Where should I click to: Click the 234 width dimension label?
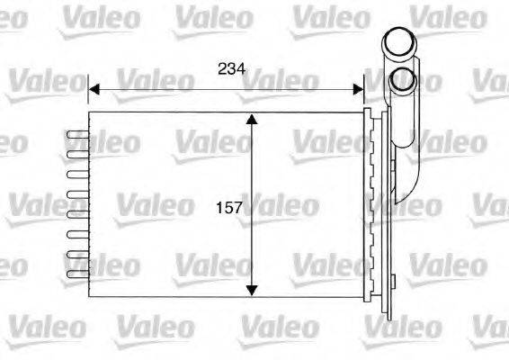(231, 68)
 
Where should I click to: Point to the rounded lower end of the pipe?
(410, 193)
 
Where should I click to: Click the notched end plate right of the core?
(370, 205)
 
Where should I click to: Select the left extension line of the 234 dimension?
(88, 94)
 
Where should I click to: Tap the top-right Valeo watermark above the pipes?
(442, 15)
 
